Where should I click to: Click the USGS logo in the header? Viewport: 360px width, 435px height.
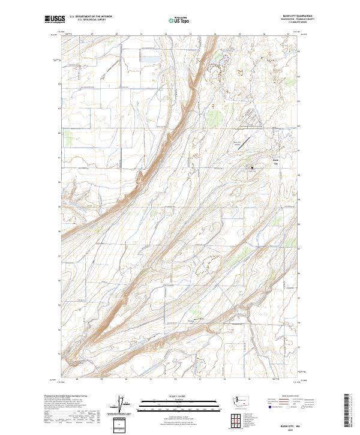point(55,20)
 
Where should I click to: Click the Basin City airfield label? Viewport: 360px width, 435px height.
point(237,144)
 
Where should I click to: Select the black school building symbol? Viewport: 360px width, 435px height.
point(253,168)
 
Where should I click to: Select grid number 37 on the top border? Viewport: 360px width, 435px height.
point(288,35)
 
